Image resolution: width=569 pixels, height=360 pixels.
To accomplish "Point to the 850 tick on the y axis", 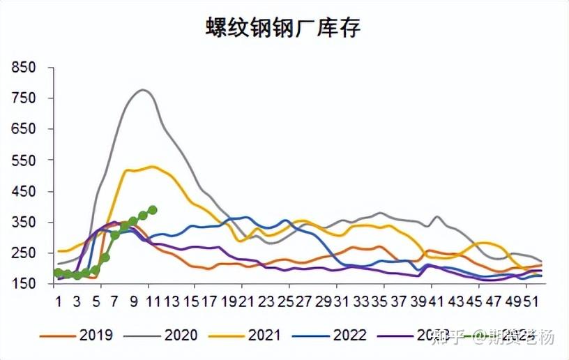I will (24, 68).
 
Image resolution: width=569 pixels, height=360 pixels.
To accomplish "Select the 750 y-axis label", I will (24, 98).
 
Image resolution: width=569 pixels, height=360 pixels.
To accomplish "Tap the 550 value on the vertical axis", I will (24, 160).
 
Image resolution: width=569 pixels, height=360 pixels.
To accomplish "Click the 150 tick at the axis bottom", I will (24, 284).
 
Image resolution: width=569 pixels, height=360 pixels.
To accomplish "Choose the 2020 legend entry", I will (181, 336).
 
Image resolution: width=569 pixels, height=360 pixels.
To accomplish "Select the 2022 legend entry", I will (349, 336).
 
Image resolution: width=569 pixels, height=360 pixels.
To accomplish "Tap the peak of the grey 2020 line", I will (144, 89).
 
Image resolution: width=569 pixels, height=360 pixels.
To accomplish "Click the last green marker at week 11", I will (152, 210).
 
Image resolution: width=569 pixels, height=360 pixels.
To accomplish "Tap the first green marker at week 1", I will (58, 273).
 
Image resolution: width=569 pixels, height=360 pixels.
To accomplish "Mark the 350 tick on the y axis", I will (24, 222).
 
